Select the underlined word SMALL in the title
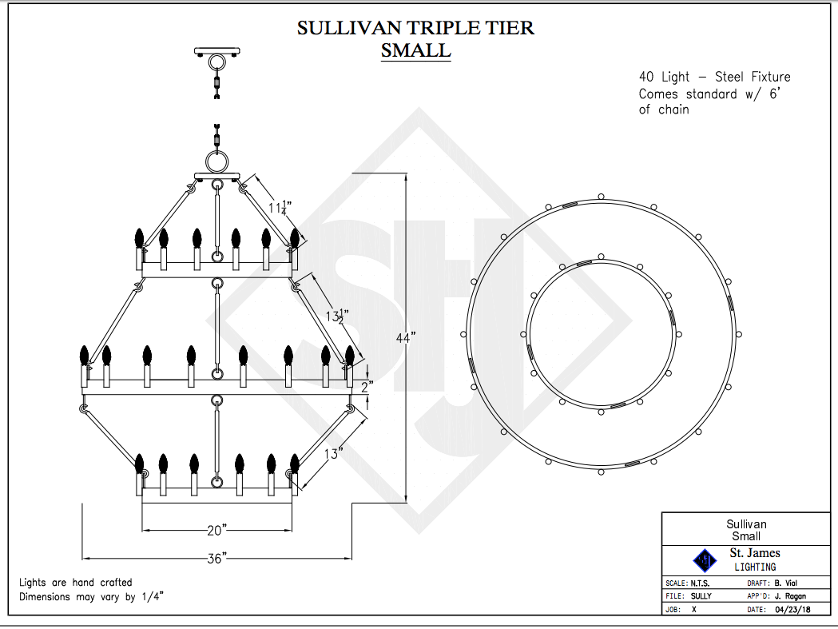(x=415, y=51)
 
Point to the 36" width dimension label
(x=216, y=558)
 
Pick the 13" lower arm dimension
(x=335, y=453)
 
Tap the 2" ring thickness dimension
(x=367, y=387)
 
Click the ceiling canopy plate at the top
(x=216, y=52)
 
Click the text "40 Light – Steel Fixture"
(x=714, y=77)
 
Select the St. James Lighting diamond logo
(x=705, y=559)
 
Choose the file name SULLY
(x=701, y=595)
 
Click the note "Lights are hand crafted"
(x=76, y=582)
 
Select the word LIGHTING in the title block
(x=755, y=567)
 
